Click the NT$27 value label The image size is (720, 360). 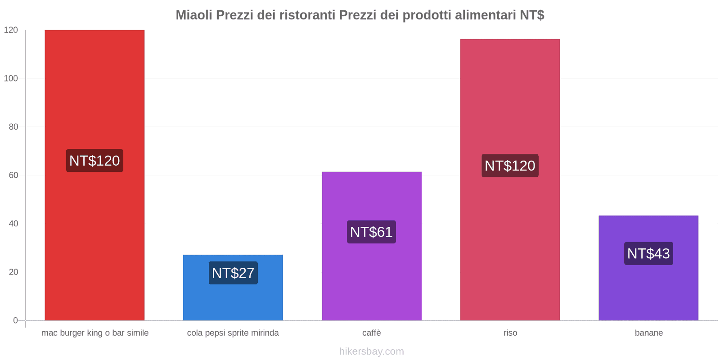click(x=233, y=273)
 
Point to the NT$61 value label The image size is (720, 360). click(x=371, y=232)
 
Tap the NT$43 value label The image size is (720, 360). click(x=648, y=253)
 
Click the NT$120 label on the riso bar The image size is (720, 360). click(x=510, y=166)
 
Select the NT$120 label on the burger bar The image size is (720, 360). click(x=94, y=161)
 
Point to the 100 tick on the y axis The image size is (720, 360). click(x=11, y=78)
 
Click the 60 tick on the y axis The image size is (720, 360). click(x=13, y=175)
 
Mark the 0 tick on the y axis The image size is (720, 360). click(x=15, y=320)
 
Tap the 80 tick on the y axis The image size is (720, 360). click(x=13, y=127)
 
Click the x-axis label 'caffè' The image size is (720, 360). click(x=371, y=333)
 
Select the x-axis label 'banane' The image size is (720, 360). click(x=648, y=333)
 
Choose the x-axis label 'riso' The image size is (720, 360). click(x=510, y=333)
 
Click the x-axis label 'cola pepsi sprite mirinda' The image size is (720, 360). click(x=233, y=333)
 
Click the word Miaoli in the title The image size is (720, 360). click(x=193, y=15)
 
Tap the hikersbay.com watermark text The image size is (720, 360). click(x=371, y=351)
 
